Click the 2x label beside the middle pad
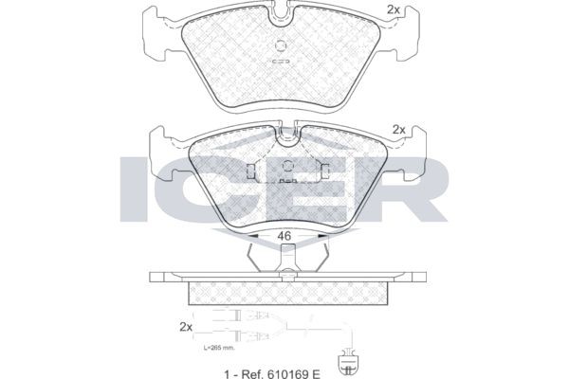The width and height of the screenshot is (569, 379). click(399, 130)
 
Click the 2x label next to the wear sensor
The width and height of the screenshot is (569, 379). click(184, 327)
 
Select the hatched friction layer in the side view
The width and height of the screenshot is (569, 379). click(284, 294)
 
